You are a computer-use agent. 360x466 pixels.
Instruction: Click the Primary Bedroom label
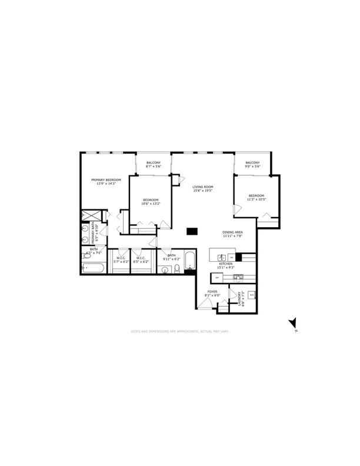point(106,179)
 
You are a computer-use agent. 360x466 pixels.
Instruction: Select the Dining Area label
point(232,232)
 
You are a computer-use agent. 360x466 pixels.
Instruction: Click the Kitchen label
point(226,264)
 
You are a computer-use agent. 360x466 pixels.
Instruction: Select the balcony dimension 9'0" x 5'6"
point(252,167)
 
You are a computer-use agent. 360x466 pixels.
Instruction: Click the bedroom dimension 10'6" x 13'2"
point(151,204)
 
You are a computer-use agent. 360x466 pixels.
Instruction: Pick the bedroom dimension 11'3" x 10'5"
point(256,199)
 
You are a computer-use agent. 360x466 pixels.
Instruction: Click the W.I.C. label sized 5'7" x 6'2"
point(121,261)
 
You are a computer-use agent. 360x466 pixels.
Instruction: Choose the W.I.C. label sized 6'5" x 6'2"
point(141,261)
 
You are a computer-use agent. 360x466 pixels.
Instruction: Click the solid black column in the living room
point(191,231)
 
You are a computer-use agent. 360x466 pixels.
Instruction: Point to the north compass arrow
point(292,323)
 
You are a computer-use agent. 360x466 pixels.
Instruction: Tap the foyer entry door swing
point(204,302)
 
